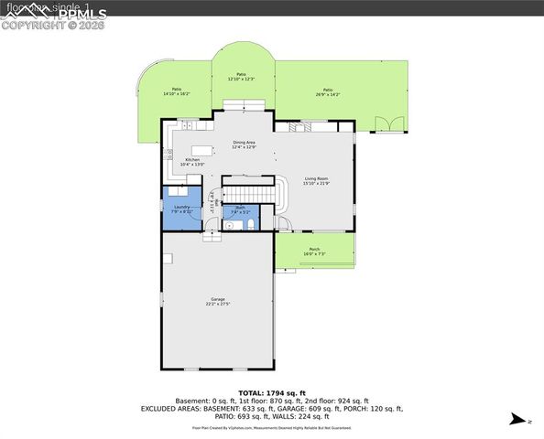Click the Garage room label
tap(218, 301)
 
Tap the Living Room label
tap(316, 181)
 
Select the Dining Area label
tap(244, 144)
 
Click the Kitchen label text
tap(192, 162)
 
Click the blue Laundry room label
tap(180, 209)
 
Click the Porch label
tap(314, 252)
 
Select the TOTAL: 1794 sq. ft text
tap(271, 392)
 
